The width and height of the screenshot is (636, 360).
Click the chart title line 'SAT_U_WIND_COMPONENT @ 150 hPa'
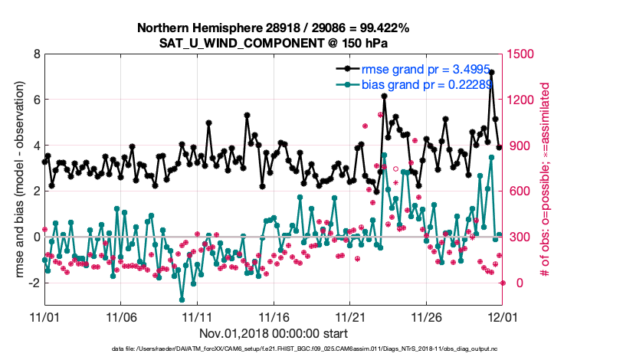(x=273, y=43)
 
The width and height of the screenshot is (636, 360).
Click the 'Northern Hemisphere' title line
(x=273, y=28)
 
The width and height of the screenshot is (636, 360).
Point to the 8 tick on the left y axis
(x=36, y=54)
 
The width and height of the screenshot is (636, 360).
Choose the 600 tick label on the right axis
(x=514, y=191)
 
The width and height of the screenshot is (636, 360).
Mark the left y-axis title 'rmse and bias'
(x=15, y=180)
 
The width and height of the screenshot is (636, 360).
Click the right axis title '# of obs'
(x=546, y=180)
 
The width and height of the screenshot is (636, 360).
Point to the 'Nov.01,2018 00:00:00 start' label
(x=273, y=333)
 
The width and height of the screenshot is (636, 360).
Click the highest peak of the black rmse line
(x=491, y=72)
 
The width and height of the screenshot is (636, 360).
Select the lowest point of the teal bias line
(x=182, y=299)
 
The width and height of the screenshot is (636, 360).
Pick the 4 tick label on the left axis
(x=36, y=146)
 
